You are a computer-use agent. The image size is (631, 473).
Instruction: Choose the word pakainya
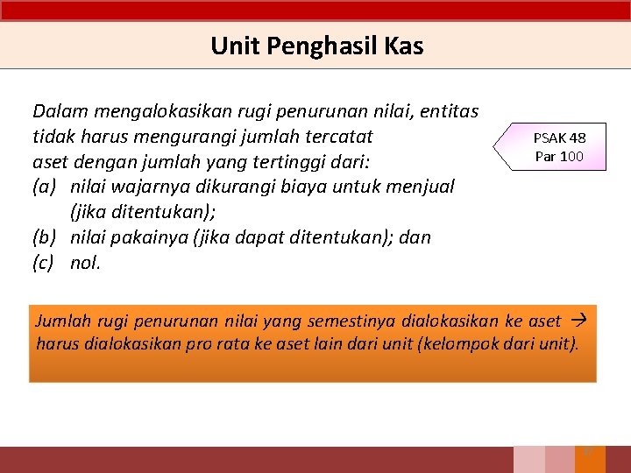(x=152, y=237)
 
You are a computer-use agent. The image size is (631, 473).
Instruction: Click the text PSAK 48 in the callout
(x=559, y=138)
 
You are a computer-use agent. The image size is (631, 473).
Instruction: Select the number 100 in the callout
(x=571, y=157)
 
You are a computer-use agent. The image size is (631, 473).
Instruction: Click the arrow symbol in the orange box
(x=582, y=321)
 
